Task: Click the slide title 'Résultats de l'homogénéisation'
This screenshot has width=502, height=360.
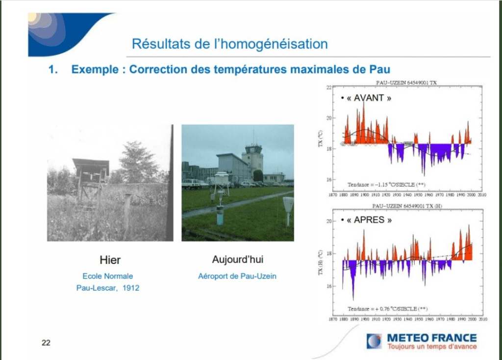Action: pos(229,44)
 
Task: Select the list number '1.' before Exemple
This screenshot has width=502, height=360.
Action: pos(53,69)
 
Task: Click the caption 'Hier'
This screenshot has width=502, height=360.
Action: pos(110,260)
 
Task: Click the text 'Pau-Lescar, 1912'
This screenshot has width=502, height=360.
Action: pos(108,288)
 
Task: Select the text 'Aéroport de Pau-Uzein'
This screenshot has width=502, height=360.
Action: pos(237,276)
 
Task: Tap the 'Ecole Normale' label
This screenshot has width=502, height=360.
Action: pos(108,276)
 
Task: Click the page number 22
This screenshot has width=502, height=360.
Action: pos(46,342)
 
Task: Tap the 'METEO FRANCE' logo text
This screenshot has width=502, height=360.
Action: pos(431,337)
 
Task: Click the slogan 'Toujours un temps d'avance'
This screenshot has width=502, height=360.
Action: pos(431,347)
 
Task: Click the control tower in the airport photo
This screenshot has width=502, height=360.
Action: pos(252,157)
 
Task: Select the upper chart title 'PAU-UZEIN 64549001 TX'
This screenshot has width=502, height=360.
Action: pos(404,83)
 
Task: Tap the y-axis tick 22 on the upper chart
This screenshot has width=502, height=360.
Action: pos(330,88)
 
